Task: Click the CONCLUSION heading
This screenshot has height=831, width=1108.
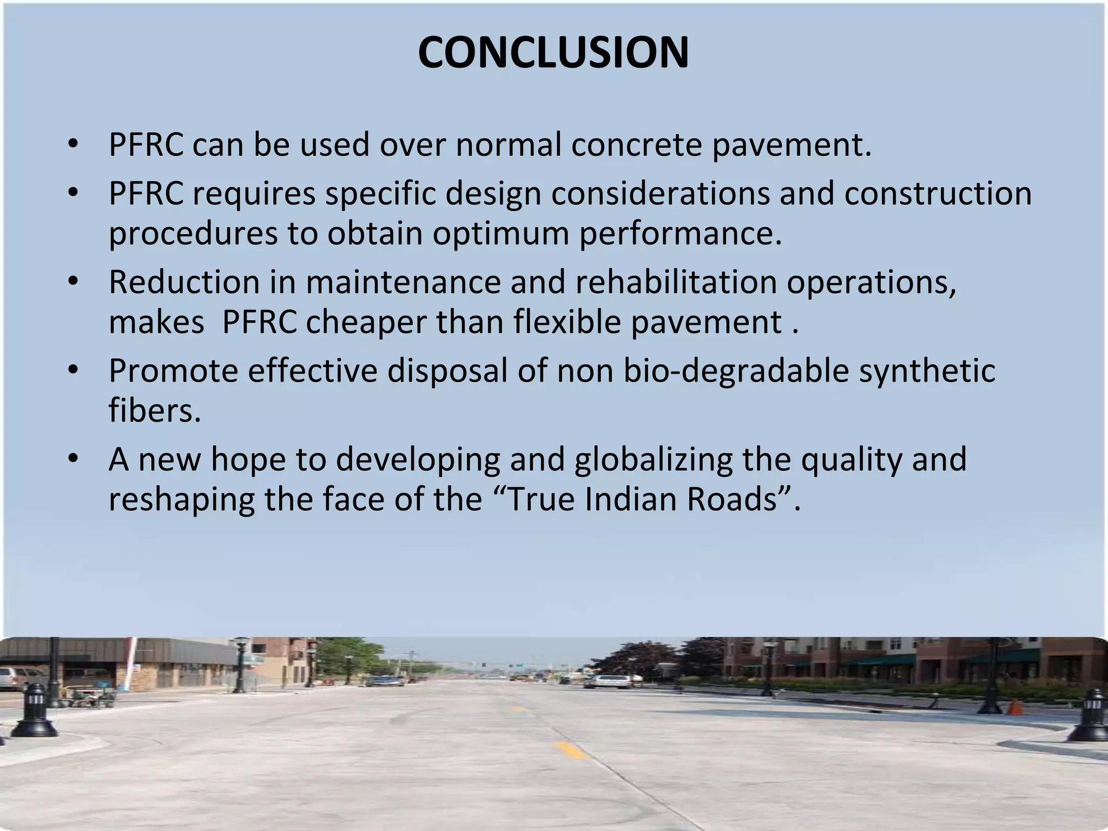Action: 553,53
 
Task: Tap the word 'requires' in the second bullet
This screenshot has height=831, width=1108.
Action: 254,194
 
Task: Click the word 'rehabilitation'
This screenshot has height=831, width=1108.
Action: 676,282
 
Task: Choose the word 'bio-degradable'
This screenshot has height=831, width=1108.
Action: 736,371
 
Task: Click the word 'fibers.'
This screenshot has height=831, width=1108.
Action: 155,411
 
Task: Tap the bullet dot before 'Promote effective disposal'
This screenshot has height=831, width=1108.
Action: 74,372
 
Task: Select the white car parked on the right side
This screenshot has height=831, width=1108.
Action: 607,681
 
